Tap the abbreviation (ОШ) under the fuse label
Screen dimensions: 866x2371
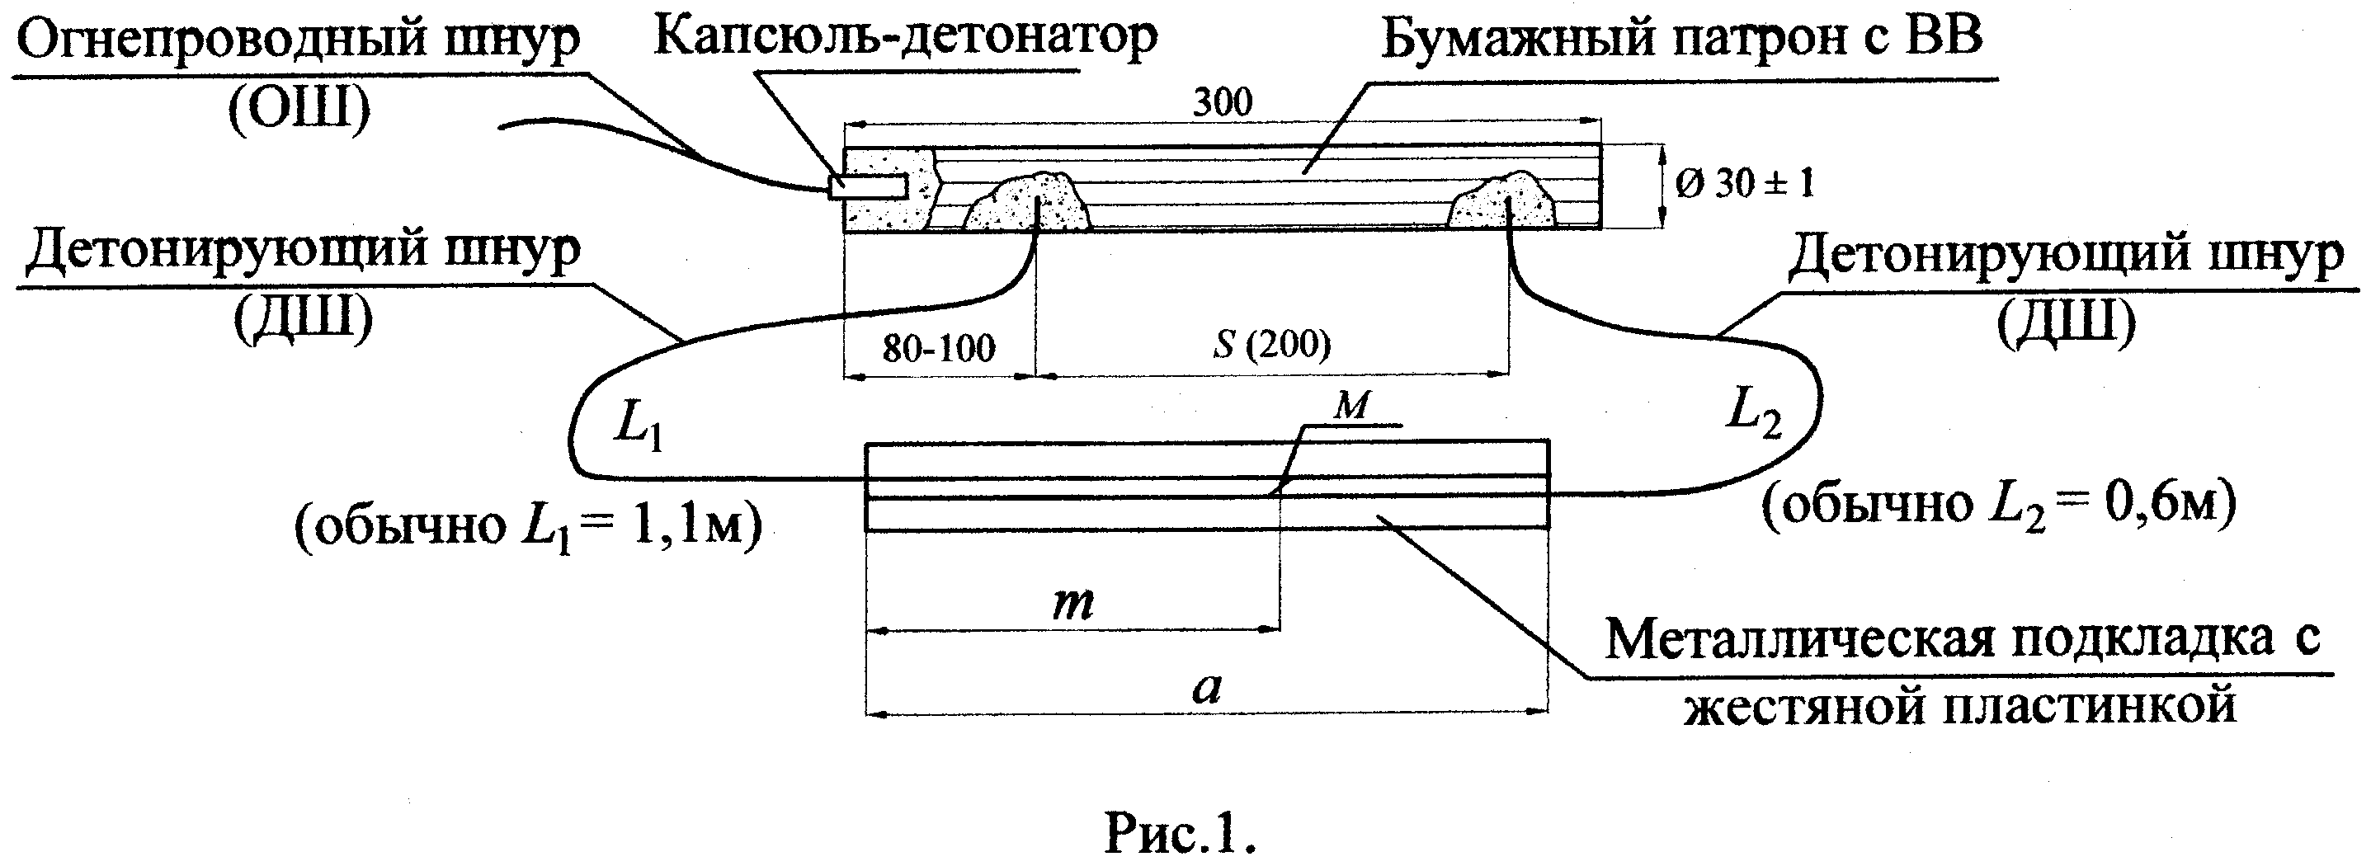tap(299, 110)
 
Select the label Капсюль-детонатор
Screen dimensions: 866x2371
tap(905, 38)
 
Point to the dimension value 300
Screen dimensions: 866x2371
tap(1223, 102)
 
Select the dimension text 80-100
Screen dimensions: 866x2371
tap(938, 349)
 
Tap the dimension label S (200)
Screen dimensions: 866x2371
tap(1272, 345)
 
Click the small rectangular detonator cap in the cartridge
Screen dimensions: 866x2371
tap(868, 187)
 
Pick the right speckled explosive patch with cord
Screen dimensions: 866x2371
tap(1501, 202)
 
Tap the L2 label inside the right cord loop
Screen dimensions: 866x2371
tap(1752, 412)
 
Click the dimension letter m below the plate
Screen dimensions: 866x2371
tap(1073, 603)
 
